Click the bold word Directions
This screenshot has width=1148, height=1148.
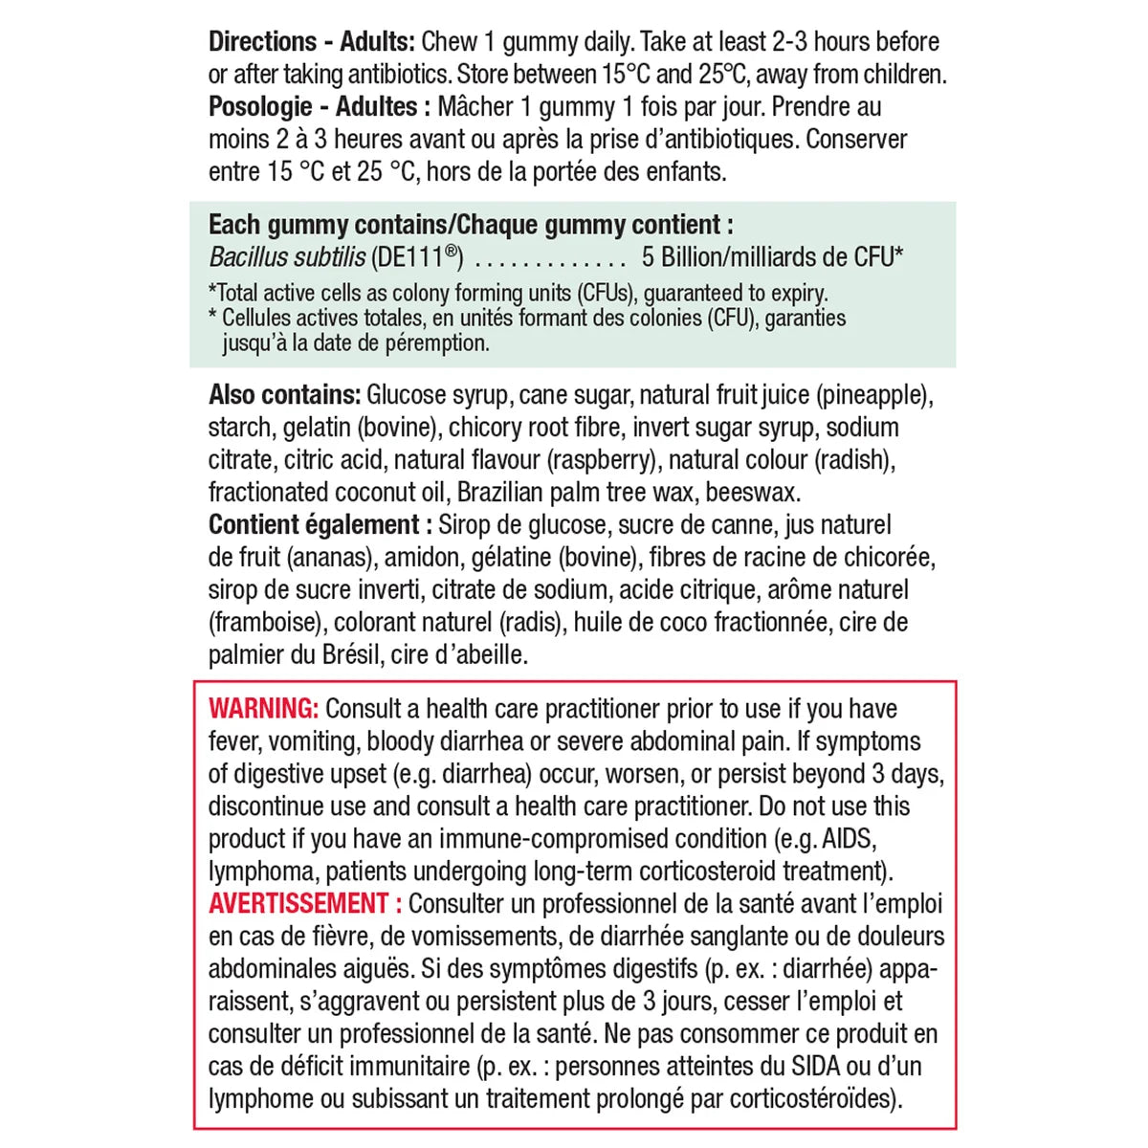262,42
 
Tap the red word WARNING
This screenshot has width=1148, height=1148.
262,709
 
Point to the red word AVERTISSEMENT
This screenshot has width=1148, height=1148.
298,904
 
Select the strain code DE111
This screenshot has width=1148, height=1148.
417,257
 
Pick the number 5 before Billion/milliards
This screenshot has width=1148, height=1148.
648,257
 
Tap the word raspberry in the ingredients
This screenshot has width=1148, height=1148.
603,460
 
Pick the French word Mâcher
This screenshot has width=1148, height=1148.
477,107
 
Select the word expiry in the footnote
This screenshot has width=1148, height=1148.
796,293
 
